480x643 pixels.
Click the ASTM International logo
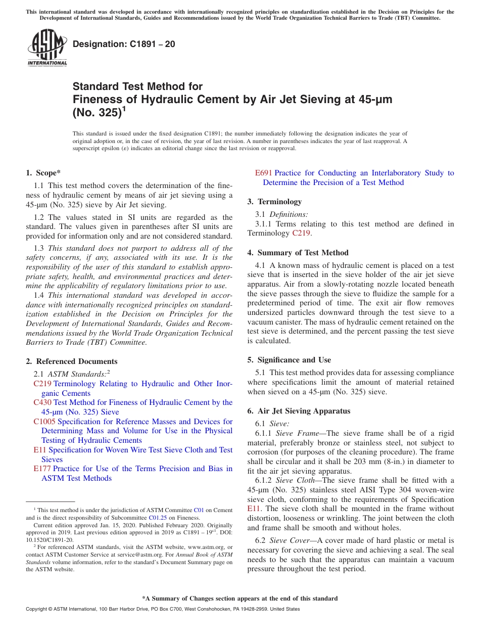(47, 48)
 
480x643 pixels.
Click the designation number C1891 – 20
(124, 44)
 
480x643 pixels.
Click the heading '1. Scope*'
(43, 173)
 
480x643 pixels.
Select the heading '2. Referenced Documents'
(72, 361)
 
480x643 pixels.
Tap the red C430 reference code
(42, 402)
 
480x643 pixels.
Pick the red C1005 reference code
(44, 422)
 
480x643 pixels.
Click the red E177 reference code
(42, 469)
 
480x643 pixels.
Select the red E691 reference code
(264, 173)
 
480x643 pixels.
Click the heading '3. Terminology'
(274, 202)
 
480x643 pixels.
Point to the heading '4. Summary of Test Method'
(298, 253)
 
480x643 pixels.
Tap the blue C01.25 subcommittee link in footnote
(155, 517)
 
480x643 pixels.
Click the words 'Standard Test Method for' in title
(137, 86)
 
